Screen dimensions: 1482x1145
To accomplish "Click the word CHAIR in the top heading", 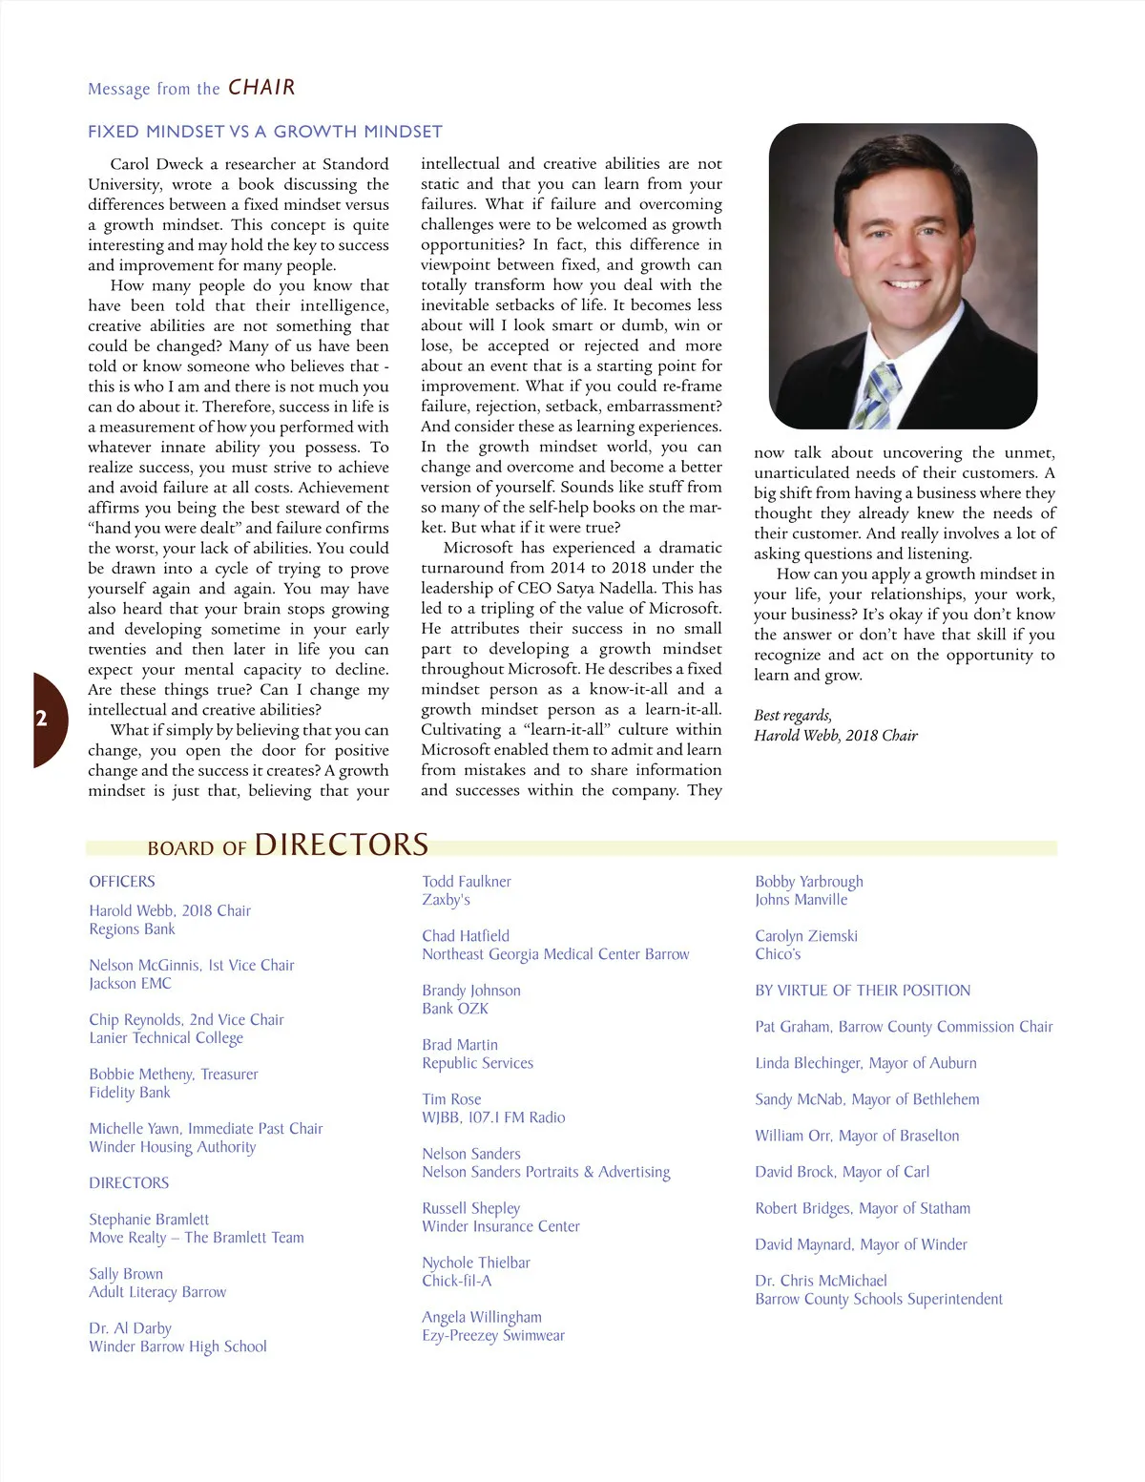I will [x=261, y=88].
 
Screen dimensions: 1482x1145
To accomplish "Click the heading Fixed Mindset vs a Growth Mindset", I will [x=265, y=132].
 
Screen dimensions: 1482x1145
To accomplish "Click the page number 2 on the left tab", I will [x=41, y=719].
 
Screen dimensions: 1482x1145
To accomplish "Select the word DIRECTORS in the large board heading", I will [x=341, y=845].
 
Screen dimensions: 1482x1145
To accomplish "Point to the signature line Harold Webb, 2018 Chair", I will [x=835, y=736].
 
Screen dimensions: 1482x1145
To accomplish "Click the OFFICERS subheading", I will [x=122, y=882].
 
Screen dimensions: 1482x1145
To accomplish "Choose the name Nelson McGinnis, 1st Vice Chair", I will [x=192, y=965].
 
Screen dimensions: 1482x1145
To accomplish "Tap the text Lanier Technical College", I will [x=166, y=1038].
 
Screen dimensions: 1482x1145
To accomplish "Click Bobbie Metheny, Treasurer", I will [x=174, y=1074].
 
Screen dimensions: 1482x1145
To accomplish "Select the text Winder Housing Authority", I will [x=173, y=1147].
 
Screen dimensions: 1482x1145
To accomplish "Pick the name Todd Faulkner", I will [x=467, y=882].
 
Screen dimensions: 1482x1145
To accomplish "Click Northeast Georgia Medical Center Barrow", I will [x=555, y=954].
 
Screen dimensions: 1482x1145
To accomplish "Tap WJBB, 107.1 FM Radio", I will [x=493, y=1117].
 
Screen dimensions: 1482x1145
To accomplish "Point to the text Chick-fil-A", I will [x=457, y=1281].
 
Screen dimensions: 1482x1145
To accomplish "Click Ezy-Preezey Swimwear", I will [x=493, y=1335].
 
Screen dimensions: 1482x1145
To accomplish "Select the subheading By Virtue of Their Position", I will [x=863, y=991].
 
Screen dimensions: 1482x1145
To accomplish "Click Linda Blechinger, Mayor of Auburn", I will [x=865, y=1063].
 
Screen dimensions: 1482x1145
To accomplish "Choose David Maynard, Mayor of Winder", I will [x=861, y=1244].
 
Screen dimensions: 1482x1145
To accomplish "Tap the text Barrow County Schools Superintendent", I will [x=879, y=1299].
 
